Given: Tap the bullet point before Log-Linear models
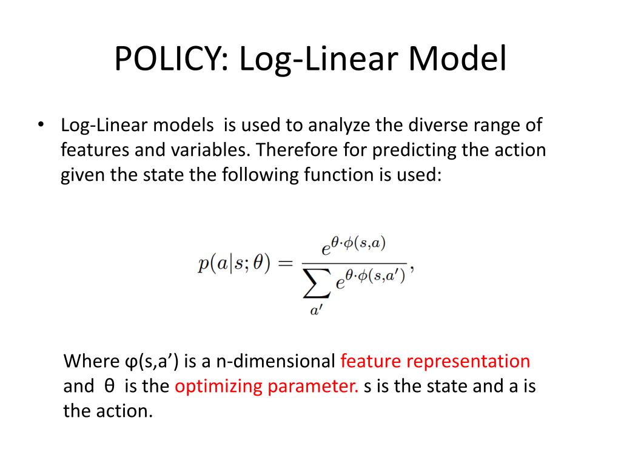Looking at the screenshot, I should pyautogui.click(x=40, y=125).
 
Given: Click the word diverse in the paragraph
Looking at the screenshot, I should pyautogui.click(x=432, y=126).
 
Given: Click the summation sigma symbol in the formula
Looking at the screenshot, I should pyautogui.click(x=317, y=282).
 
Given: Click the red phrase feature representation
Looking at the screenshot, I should pyautogui.click(x=435, y=362).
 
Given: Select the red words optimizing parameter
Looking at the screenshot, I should pyautogui.click(x=267, y=387).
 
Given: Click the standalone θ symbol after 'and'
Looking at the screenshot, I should pyautogui.click(x=109, y=387).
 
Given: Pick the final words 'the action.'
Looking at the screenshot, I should pyautogui.click(x=107, y=411).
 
